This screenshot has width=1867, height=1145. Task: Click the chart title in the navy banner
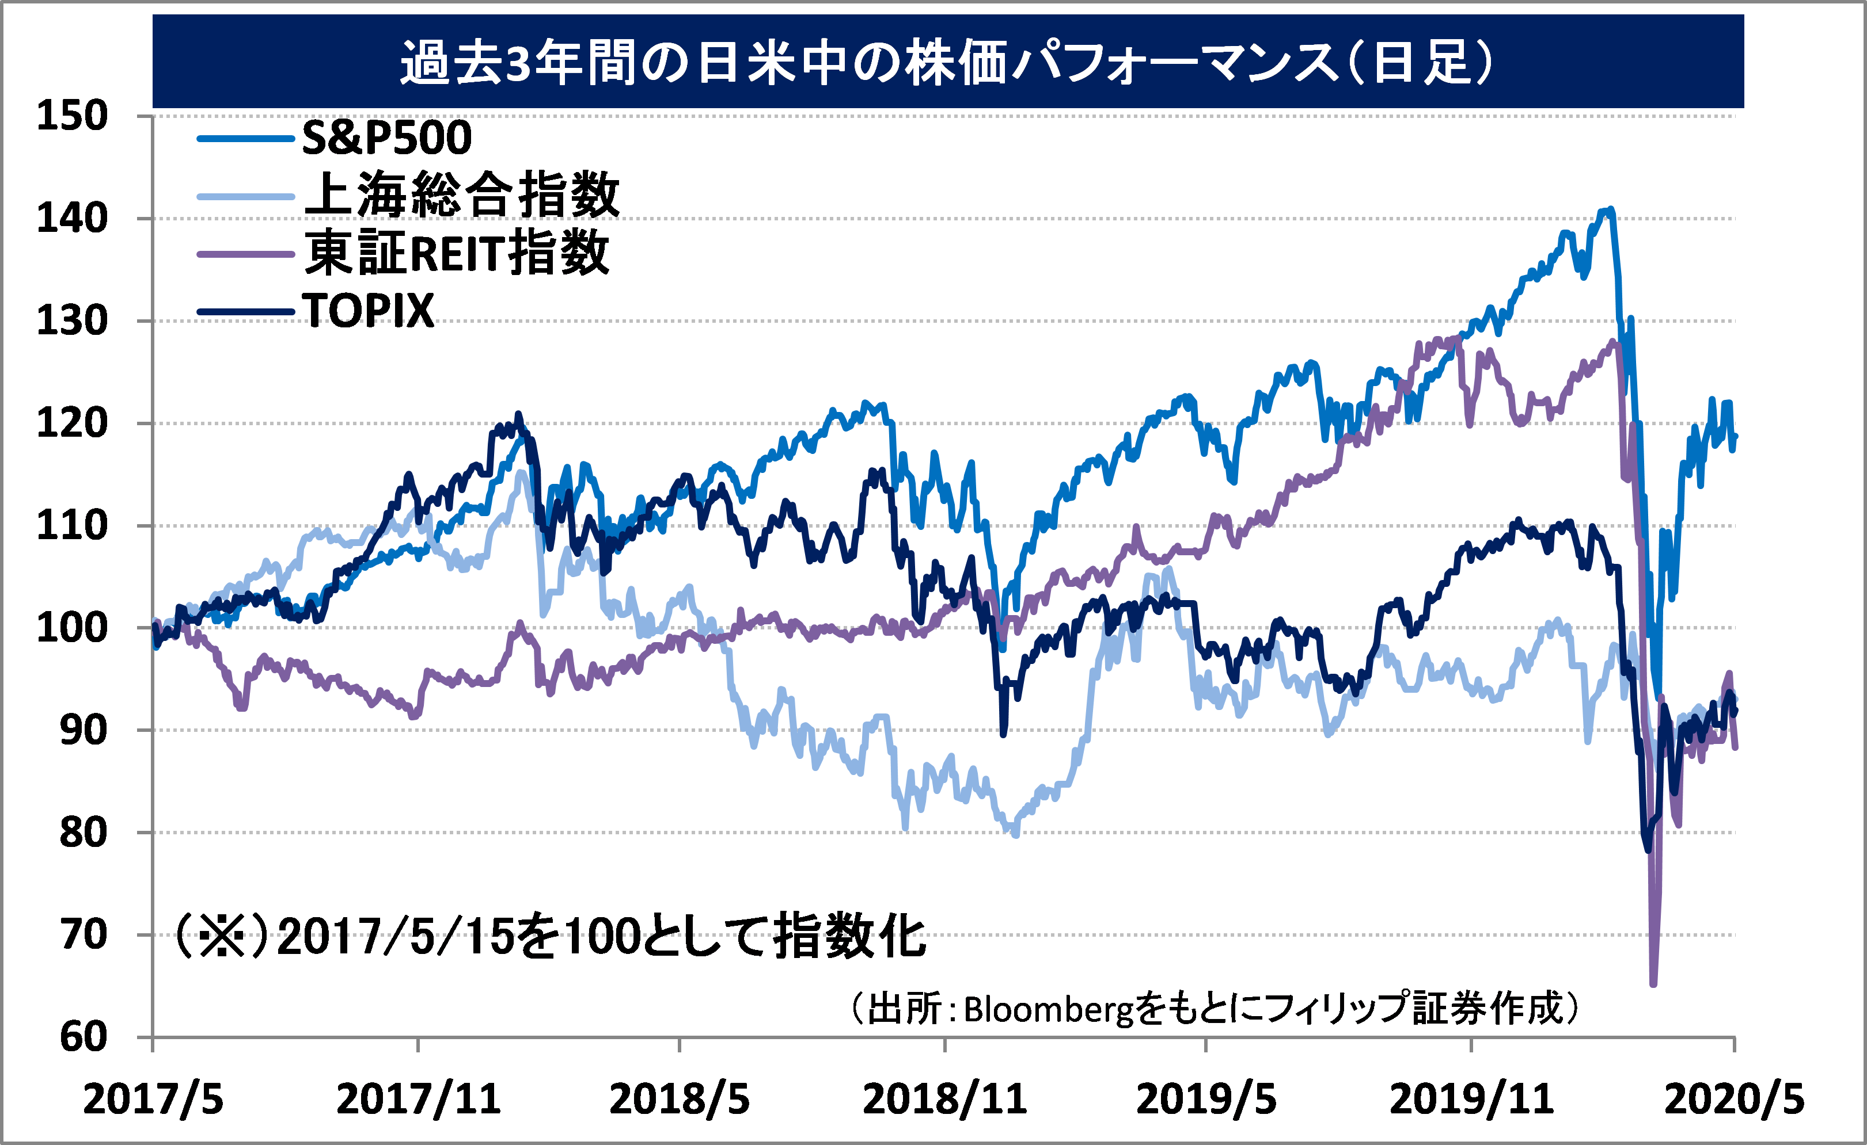click(x=947, y=62)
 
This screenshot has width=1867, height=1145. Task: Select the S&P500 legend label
click(x=386, y=138)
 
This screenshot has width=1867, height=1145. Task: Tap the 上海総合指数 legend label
click(x=462, y=196)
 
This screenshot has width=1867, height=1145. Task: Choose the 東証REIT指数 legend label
click(x=456, y=253)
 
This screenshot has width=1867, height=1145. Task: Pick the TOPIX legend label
click(x=368, y=311)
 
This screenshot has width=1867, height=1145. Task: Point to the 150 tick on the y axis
click(x=73, y=117)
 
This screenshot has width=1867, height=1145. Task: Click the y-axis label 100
click(x=73, y=628)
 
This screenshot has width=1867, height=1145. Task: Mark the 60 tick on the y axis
click(x=84, y=1037)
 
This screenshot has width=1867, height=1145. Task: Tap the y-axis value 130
click(x=73, y=321)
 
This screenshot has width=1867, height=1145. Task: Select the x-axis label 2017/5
click(x=153, y=1099)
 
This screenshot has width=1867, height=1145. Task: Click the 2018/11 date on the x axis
click(x=945, y=1099)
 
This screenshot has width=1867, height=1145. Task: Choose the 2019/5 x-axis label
click(x=1206, y=1099)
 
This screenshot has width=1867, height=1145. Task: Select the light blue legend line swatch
click(x=245, y=196)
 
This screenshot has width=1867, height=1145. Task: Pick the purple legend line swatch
click(x=245, y=254)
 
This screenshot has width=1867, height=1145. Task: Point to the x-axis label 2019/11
click(x=1471, y=1099)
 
